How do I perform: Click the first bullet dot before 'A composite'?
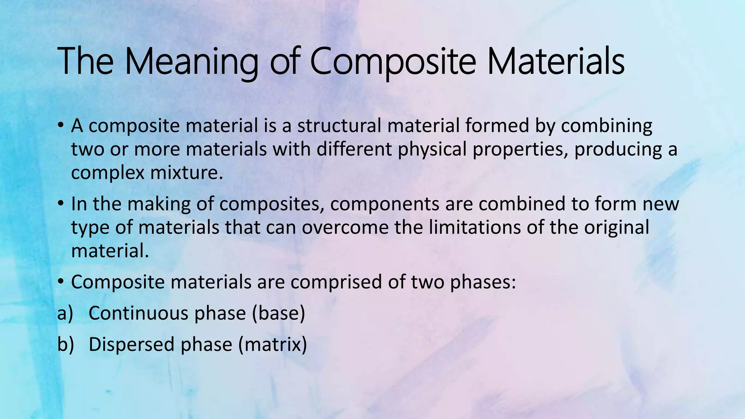61,126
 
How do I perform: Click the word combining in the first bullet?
606,126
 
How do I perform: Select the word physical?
432,149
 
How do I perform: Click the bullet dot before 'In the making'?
61,204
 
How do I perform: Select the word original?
617,227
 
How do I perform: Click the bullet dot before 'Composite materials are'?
61,282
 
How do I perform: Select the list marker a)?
65,313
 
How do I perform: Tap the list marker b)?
65,344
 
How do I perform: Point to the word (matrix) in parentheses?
273,344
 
